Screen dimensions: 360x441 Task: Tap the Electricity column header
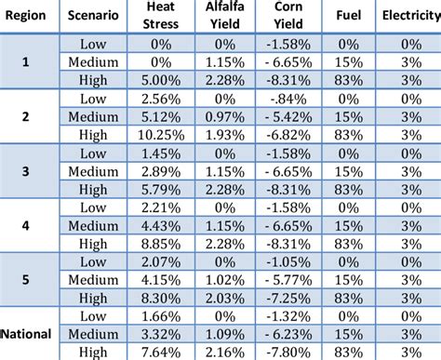tap(409, 17)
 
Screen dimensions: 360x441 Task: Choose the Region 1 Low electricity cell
tap(409, 46)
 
